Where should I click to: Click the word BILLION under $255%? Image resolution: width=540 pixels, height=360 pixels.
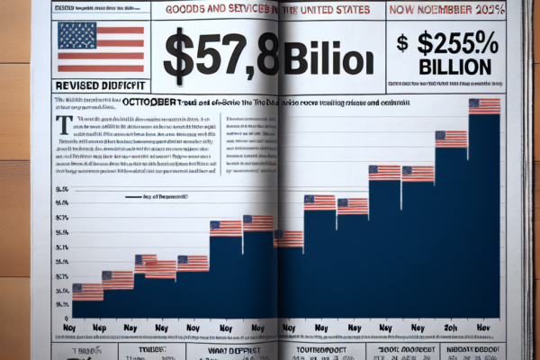(x=455, y=67)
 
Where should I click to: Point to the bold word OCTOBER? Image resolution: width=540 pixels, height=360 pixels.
(x=148, y=103)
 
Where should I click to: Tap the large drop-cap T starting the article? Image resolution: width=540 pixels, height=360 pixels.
(x=63, y=123)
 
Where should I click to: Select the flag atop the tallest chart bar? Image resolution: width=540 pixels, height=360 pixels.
(x=484, y=105)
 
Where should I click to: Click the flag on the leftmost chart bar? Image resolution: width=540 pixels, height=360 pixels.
(x=88, y=291)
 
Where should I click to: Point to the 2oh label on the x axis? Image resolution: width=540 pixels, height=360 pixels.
(x=452, y=328)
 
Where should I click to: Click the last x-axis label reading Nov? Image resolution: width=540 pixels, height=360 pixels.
(x=485, y=328)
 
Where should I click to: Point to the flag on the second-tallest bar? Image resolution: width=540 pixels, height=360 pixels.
(x=452, y=139)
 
